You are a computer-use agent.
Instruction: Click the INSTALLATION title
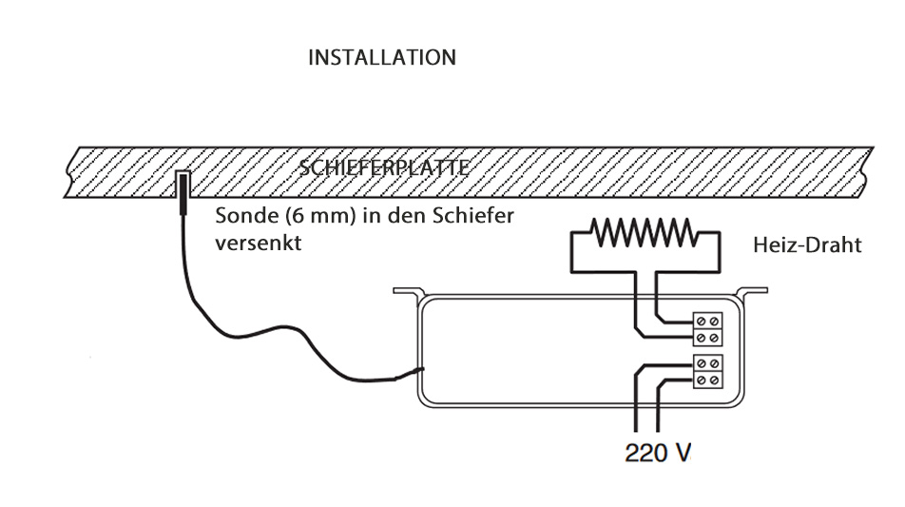click(381, 58)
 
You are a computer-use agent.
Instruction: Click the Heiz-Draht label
click(807, 245)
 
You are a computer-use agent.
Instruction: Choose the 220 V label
click(658, 452)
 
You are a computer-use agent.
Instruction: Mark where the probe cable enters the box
click(421, 370)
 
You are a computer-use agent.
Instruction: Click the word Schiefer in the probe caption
click(473, 216)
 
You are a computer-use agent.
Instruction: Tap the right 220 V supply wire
click(657, 409)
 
